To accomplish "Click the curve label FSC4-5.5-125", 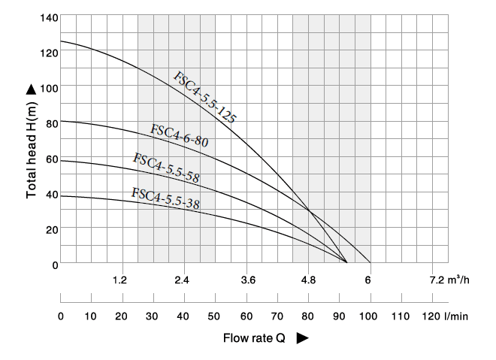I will (x=204, y=98).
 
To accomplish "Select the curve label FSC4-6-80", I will (x=179, y=135).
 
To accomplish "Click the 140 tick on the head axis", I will (x=48, y=17).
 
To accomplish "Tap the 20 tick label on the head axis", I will (x=51, y=229).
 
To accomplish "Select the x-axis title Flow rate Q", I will (x=254, y=338).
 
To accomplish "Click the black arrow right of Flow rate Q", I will (x=302, y=338).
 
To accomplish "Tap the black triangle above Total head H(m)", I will (x=32, y=89).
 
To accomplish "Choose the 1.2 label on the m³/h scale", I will (x=119, y=280).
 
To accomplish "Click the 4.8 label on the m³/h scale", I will (x=308, y=280).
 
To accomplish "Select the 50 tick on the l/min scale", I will (x=215, y=316).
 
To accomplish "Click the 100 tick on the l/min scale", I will (x=370, y=316).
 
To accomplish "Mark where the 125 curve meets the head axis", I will (x=61, y=41).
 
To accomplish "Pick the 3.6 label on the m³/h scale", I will (x=248, y=280).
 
